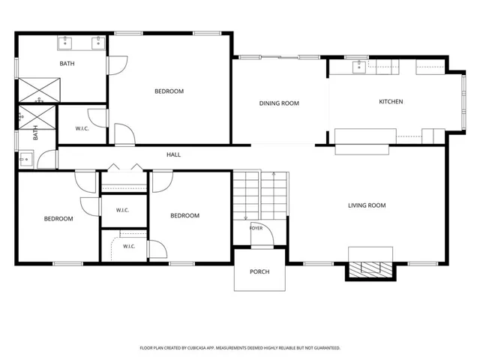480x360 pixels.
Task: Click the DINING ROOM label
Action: pyautogui.click(x=279, y=103)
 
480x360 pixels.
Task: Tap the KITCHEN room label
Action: pyautogui.click(x=391, y=102)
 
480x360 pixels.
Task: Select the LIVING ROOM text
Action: pyautogui.click(x=367, y=205)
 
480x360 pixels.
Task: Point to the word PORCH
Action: pyautogui.click(x=259, y=271)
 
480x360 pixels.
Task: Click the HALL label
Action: pyautogui.click(x=173, y=155)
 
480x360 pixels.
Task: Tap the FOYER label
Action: pyautogui.click(x=256, y=228)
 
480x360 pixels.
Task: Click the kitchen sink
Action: pyautogui.click(x=358, y=67)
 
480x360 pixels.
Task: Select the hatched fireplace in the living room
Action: pyautogui.click(x=370, y=270)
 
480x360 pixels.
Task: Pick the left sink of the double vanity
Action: pyautogui.click(x=65, y=43)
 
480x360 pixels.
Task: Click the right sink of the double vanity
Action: pyautogui.click(x=98, y=43)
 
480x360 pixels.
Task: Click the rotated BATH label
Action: pyautogui.click(x=35, y=133)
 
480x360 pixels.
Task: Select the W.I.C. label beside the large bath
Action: pyautogui.click(x=82, y=128)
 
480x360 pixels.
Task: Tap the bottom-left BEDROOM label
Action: pyautogui.click(x=58, y=219)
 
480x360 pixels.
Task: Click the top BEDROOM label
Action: pyautogui.click(x=169, y=91)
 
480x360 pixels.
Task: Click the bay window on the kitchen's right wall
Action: pyautogui.click(x=463, y=102)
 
